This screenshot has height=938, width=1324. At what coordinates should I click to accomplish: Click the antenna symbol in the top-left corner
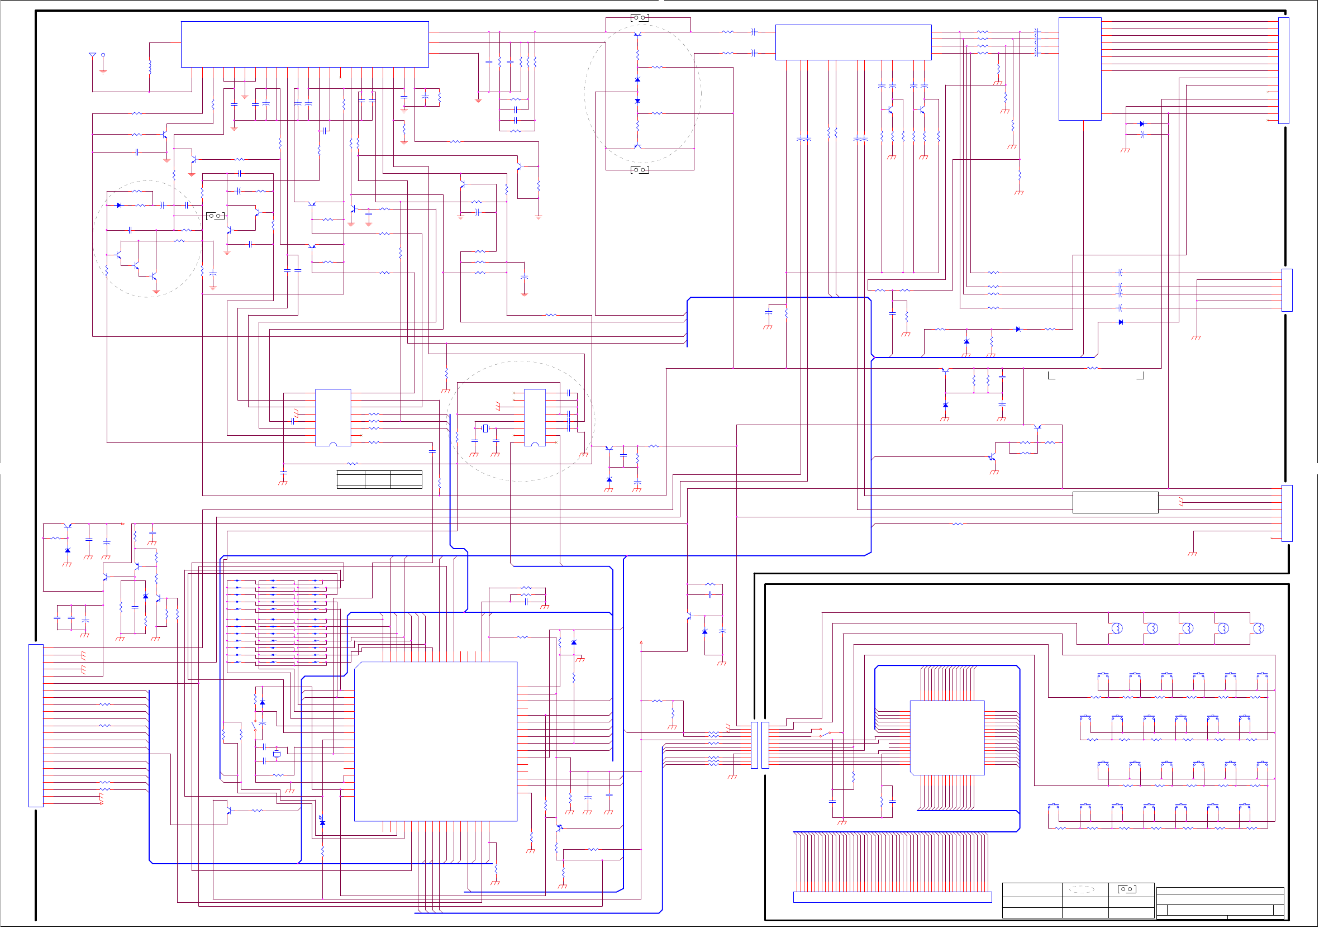point(92,55)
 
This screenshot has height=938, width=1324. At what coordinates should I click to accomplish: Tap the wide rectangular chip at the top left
point(304,45)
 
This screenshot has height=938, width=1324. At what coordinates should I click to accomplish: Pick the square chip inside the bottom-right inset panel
point(947,737)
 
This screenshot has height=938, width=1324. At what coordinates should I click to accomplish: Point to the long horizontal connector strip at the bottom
point(892,897)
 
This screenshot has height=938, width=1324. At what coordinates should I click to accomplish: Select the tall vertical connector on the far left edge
point(36,726)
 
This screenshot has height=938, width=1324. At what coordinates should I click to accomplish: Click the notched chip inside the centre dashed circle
point(535,417)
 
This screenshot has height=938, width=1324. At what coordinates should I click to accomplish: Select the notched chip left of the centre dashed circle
point(333,417)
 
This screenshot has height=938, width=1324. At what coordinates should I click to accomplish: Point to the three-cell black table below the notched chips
point(379,479)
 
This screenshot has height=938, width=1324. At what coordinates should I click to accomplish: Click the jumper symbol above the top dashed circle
point(640,18)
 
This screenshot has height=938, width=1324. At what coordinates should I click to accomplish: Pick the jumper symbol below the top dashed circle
point(640,170)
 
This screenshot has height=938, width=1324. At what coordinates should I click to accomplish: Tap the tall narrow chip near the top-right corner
point(1080,69)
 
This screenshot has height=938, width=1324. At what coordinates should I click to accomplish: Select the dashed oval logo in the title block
point(1082,889)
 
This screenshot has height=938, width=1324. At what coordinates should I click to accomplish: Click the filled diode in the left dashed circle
point(119,205)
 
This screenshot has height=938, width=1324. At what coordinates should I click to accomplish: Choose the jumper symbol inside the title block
point(1127,889)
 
